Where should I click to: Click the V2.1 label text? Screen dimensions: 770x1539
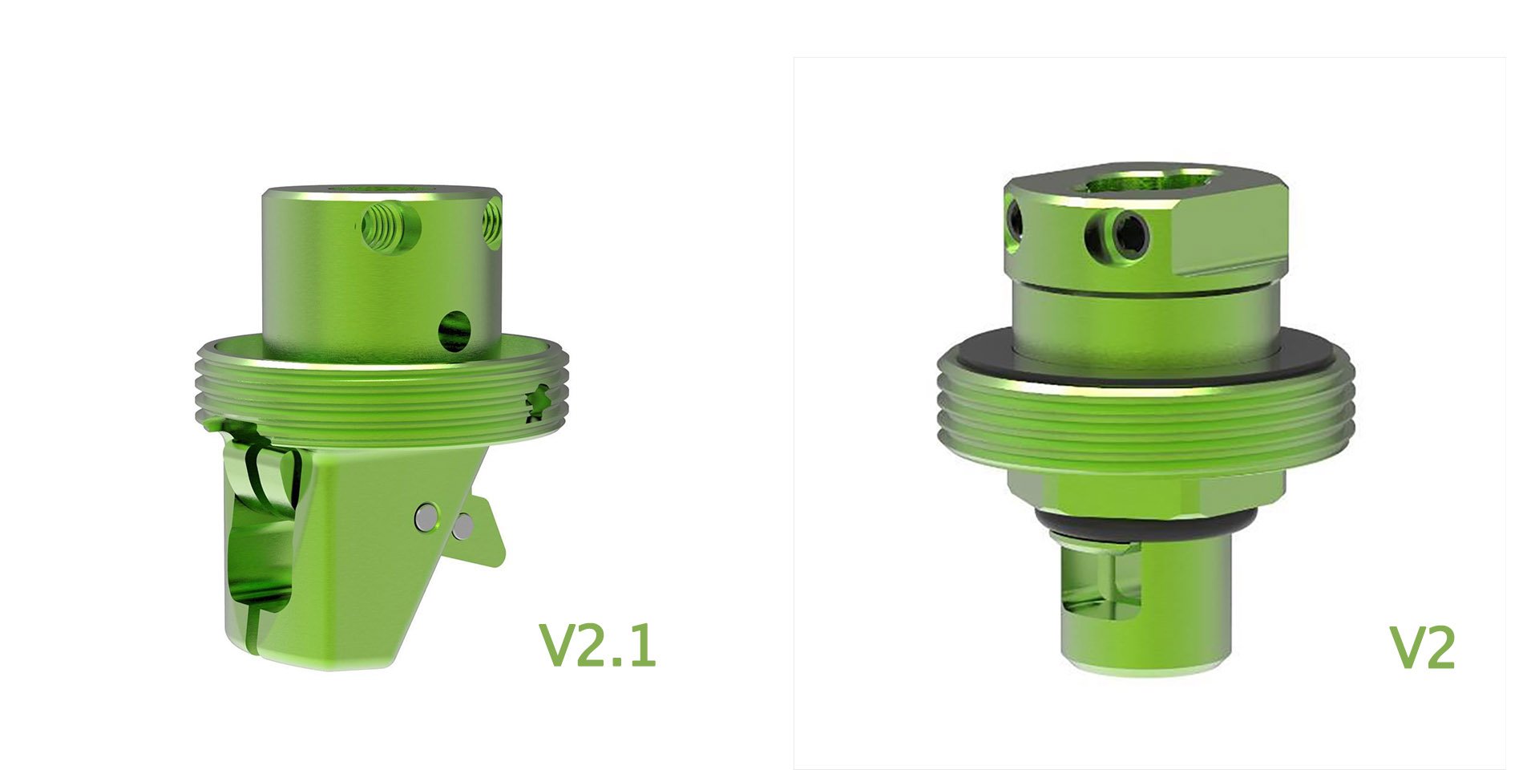[598, 646]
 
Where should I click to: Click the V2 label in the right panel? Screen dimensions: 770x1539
[1421, 648]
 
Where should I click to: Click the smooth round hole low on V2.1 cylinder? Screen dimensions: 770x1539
[455, 330]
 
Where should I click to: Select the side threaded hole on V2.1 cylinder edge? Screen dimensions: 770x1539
[492, 223]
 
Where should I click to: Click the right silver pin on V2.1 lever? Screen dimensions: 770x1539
[463, 526]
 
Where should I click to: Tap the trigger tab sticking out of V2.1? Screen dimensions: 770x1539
[489, 533]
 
